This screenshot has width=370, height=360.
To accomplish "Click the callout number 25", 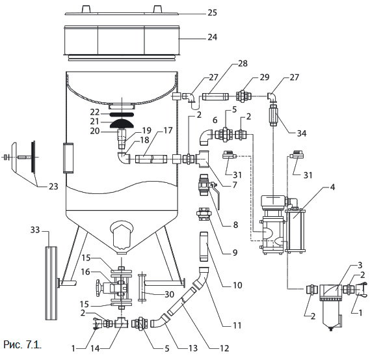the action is [x=212, y=12].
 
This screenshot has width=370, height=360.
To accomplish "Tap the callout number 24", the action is [x=212, y=37].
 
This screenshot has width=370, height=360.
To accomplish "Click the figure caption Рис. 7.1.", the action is [x=22, y=345].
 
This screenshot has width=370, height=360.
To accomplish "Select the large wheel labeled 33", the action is [x=51, y=283].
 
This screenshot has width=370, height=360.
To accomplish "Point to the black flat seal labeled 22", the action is [x=122, y=115].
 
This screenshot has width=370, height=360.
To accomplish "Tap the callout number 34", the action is [x=302, y=133].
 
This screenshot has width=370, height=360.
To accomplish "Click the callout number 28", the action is [x=243, y=63].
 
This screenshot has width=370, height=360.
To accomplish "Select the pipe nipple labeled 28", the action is [x=215, y=96].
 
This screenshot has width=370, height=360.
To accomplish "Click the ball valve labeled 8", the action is [x=205, y=185].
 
